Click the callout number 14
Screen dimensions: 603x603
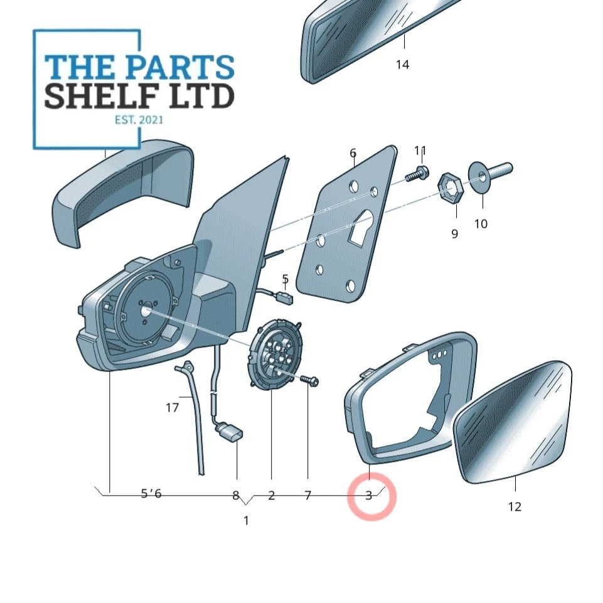[x=403, y=65]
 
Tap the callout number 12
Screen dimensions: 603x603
[x=515, y=506]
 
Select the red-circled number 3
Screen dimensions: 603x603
[x=369, y=495]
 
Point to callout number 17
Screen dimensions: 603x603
[x=173, y=408]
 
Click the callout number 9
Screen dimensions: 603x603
[x=454, y=234]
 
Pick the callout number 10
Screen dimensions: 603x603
[x=481, y=223]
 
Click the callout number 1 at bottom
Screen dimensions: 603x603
[x=246, y=520]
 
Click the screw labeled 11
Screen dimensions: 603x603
[x=417, y=174]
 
